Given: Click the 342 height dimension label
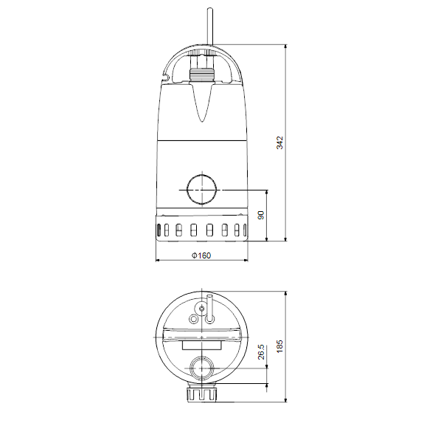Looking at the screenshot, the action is (279, 142).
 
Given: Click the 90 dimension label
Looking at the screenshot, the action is (261, 215).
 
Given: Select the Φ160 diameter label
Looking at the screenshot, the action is (201, 255).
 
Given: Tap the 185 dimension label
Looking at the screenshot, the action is (279, 346).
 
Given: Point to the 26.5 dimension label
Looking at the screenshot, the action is (261, 351).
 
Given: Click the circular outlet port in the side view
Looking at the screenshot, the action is (202, 190).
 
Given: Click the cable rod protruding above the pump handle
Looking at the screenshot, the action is (209, 27).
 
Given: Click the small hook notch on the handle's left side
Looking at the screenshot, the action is (165, 76).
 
